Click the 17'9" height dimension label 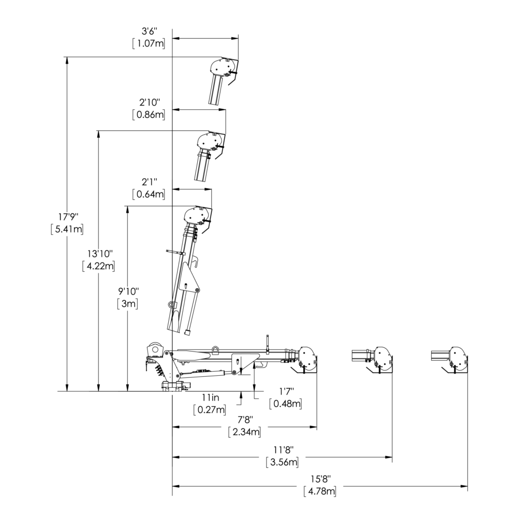click(x=68, y=216)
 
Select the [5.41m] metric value click(x=67, y=229)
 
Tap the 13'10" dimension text click(x=99, y=253)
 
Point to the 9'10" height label click(x=128, y=290)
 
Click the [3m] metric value click(x=128, y=303)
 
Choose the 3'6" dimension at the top click(x=149, y=31)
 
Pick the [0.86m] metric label click(x=149, y=114)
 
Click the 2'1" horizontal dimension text click(x=149, y=182)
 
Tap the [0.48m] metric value click(x=286, y=403)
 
